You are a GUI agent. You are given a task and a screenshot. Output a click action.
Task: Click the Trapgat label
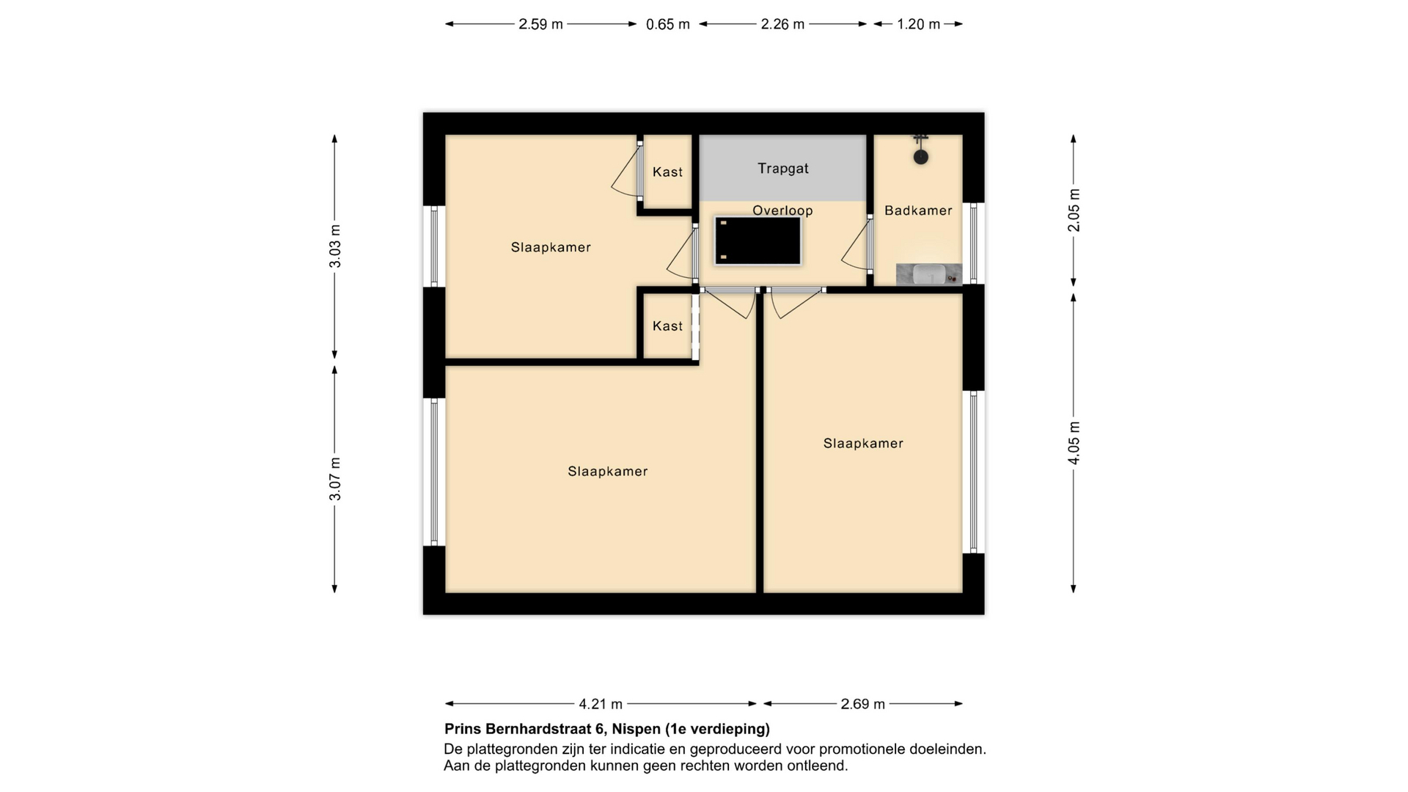(782, 169)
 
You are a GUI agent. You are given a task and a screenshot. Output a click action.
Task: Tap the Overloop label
(782, 210)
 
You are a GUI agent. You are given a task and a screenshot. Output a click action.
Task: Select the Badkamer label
(918, 210)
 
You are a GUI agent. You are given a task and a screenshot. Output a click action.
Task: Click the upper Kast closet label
(667, 172)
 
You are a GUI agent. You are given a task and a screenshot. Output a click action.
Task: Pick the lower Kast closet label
(667, 326)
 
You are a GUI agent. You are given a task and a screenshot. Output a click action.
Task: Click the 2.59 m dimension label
(540, 24)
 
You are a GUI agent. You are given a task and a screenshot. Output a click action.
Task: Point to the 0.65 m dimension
(667, 24)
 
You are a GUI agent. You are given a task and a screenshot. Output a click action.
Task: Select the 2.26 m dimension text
(782, 24)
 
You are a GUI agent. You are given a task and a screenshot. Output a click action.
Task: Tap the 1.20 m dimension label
(918, 24)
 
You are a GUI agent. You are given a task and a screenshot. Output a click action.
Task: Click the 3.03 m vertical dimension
(335, 246)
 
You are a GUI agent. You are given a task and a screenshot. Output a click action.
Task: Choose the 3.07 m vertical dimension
(335, 479)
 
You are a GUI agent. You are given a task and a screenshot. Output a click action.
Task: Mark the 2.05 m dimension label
(1074, 210)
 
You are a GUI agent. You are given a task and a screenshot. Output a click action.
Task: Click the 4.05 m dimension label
(1074, 443)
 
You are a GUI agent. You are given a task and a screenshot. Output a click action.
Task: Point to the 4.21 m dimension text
(601, 704)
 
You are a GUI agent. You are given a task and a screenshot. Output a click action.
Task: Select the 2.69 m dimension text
(862, 704)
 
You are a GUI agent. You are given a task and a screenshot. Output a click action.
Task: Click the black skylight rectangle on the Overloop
(758, 241)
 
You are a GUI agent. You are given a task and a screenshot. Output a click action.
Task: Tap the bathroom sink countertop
(929, 275)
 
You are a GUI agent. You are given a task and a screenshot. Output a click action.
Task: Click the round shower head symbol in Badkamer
(921, 157)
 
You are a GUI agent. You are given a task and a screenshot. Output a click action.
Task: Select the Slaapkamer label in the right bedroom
(863, 443)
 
